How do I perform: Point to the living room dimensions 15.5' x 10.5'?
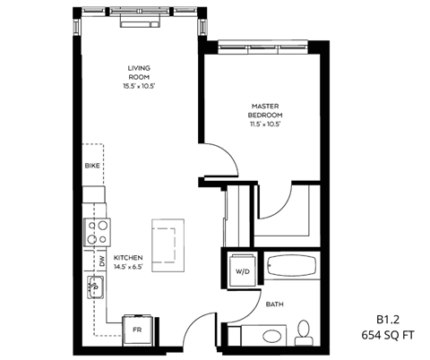[141, 87]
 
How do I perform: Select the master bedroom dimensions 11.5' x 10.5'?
[267, 124]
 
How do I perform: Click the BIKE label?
[91, 166]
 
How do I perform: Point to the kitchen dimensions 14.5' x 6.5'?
[125, 267]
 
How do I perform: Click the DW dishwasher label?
[102, 261]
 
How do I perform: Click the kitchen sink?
[96, 288]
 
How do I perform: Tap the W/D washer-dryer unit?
[242, 270]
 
